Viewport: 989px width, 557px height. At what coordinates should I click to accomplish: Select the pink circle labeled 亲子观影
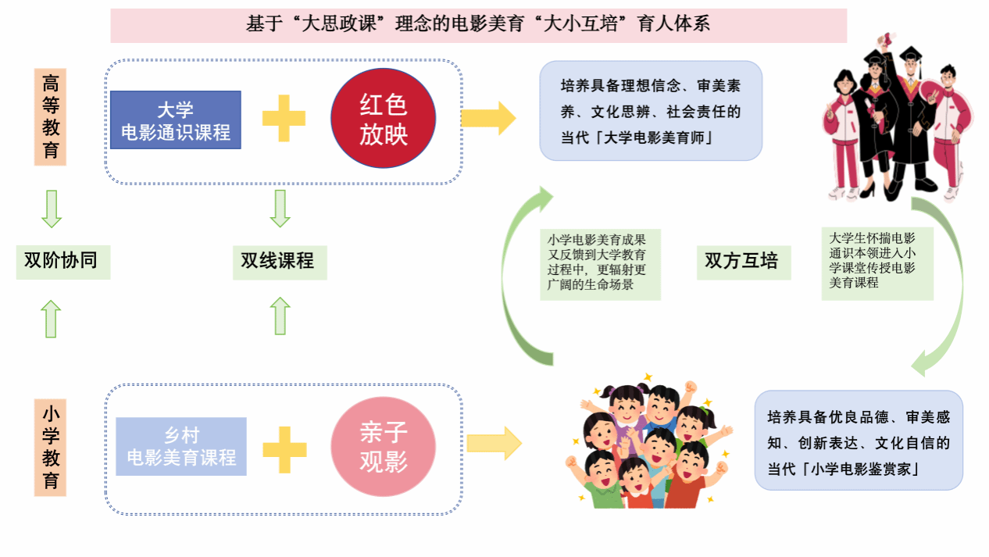[x=383, y=447]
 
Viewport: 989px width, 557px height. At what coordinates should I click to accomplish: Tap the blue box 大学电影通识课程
[x=176, y=120]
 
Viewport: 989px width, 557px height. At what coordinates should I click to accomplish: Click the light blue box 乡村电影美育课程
[x=181, y=447]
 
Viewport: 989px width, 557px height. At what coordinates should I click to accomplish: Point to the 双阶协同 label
[x=62, y=261]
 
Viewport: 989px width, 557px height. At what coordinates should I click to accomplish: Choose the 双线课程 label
[x=278, y=261]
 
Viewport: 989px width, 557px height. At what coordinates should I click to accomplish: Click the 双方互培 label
[x=742, y=261]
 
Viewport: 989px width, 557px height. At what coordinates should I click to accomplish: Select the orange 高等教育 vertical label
[x=51, y=116]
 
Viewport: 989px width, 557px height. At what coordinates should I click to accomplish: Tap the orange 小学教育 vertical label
[x=51, y=447]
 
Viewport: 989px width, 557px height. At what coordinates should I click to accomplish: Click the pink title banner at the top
[x=478, y=25]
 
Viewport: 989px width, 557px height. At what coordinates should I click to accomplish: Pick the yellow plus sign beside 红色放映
[x=284, y=118]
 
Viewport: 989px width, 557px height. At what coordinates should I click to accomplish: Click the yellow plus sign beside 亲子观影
[x=284, y=448]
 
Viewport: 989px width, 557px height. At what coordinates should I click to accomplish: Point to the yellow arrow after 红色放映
[x=488, y=118]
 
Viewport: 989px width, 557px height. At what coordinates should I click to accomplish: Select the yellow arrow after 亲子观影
[x=495, y=443]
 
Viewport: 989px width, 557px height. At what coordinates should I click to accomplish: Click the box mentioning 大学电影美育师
[x=651, y=111]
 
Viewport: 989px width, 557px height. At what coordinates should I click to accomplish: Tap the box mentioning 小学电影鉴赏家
[x=859, y=440]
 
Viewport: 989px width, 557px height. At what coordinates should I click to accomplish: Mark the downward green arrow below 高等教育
[x=52, y=209]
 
